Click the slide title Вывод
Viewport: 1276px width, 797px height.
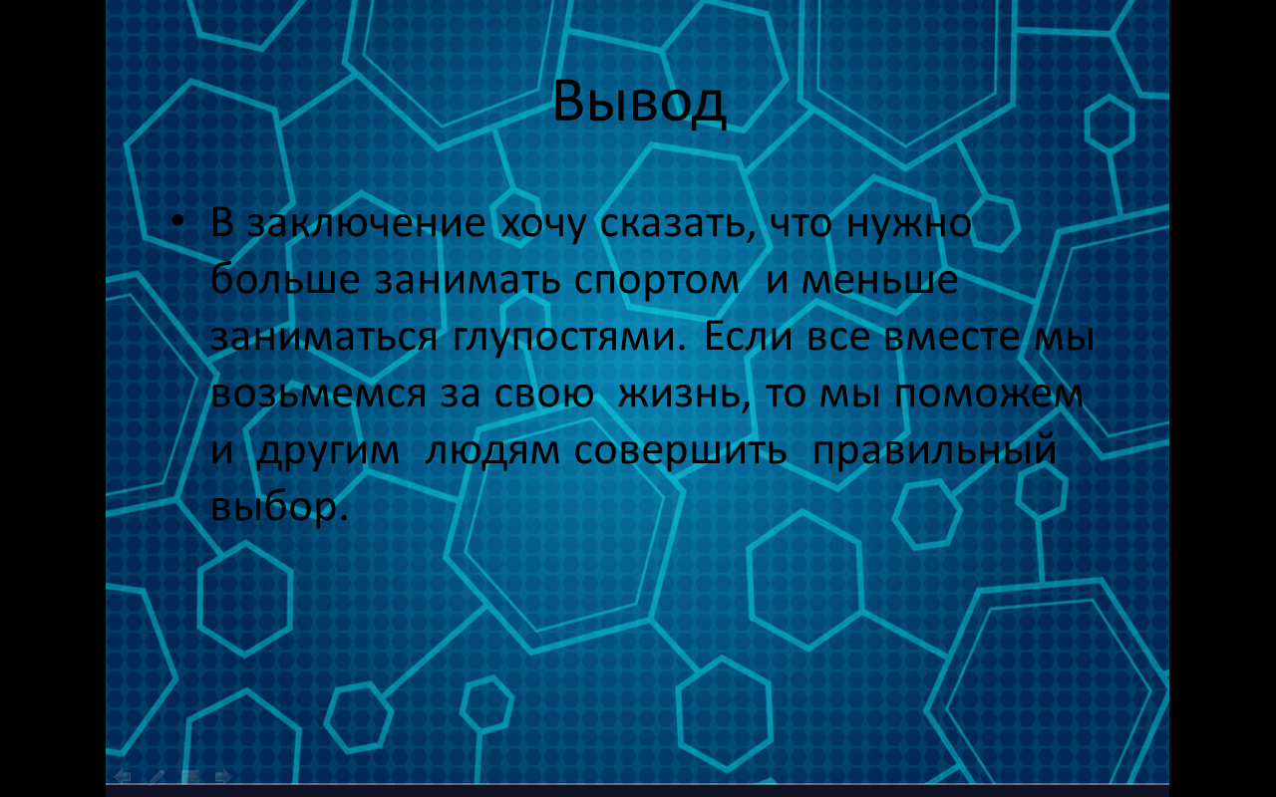pyautogui.click(x=639, y=101)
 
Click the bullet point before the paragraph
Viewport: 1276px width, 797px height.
pyautogui.click(x=176, y=221)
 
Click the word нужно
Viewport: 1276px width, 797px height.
pyautogui.click(x=908, y=223)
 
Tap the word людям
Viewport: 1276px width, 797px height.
pyautogui.click(x=492, y=451)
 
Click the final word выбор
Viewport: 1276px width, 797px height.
pyautogui.click(x=276, y=508)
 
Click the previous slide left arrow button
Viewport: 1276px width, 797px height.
pyautogui.click(x=123, y=776)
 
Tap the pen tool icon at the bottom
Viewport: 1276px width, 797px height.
pyautogui.click(x=157, y=776)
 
